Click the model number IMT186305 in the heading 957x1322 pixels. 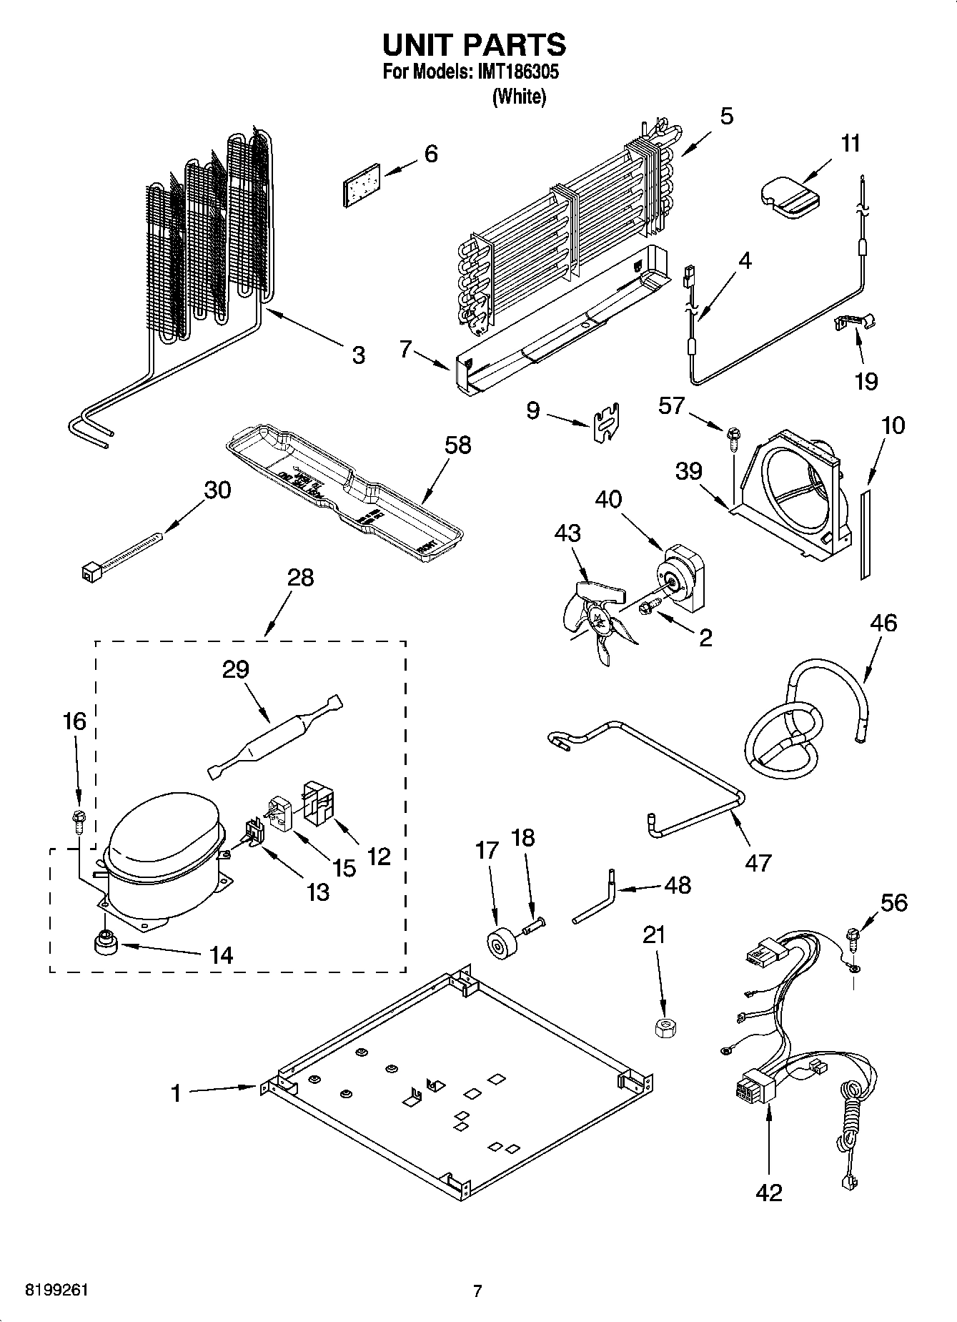(517, 72)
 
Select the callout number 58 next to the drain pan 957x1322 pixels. (457, 445)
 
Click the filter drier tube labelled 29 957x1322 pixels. (276, 737)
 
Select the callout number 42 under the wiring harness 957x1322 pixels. (769, 1192)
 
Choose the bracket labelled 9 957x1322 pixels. (606, 423)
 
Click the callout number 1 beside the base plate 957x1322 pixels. (176, 1092)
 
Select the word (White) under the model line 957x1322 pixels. (519, 97)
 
